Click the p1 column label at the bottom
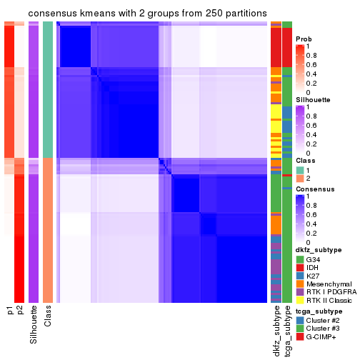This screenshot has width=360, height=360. (x=9, y=311)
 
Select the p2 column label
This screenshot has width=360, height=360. (x=20, y=311)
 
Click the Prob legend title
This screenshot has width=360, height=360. (x=304, y=39)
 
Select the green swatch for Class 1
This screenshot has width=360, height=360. (x=299, y=171)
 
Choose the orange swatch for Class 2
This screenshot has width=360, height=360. (x=299, y=179)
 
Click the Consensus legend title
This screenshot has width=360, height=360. (x=314, y=189)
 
